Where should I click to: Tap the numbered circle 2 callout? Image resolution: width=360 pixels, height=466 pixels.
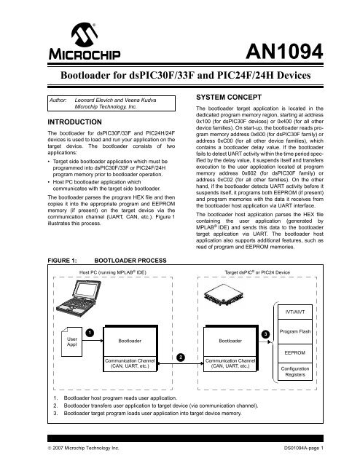click(x=180, y=357)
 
